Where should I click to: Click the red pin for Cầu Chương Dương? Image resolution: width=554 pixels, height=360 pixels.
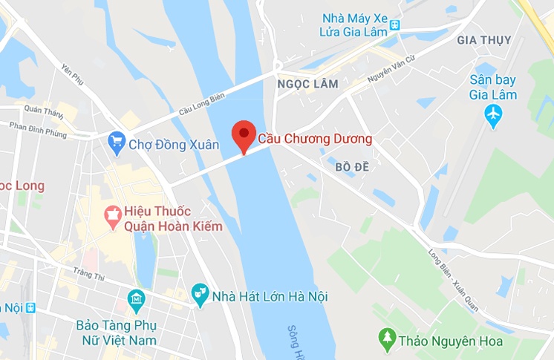click(x=244, y=135)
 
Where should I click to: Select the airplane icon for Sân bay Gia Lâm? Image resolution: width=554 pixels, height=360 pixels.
click(x=492, y=114)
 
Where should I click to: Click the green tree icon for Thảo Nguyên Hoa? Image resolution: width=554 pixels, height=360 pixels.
click(x=386, y=340)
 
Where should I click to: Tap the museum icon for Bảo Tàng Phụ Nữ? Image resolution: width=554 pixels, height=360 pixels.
click(x=136, y=300)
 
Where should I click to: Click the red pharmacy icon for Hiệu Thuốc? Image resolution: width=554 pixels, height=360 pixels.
click(x=114, y=217)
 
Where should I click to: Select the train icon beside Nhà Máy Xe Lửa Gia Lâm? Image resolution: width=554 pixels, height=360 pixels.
click(x=395, y=24)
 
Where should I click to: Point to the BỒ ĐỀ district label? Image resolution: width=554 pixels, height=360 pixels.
click(x=352, y=168)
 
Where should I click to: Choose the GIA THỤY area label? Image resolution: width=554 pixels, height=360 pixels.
click(x=483, y=39)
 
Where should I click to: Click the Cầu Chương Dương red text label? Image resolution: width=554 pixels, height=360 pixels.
click(x=315, y=139)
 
